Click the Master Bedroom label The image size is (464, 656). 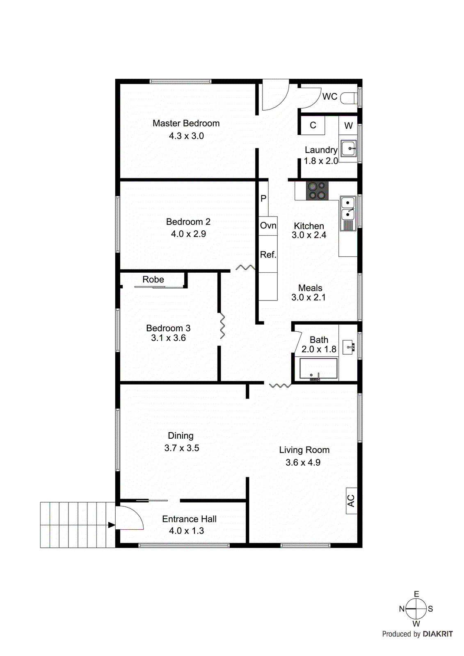[x=186, y=123]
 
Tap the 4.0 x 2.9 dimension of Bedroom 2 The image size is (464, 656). [x=188, y=234]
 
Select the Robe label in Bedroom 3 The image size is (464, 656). [x=153, y=280]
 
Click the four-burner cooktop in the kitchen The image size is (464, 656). [x=317, y=191]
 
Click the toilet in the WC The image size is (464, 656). [x=349, y=98]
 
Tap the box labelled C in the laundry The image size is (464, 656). [x=313, y=125]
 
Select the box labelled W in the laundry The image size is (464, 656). [x=348, y=126]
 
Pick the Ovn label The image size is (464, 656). [x=268, y=225]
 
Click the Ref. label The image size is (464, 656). [x=268, y=255]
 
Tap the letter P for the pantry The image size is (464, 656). [x=263, y=198]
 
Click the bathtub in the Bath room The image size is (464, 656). [x=318, y=369]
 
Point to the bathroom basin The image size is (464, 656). [x=349, y=347]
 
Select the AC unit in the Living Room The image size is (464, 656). [x=351, y=501]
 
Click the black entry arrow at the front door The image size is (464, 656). [x=111, y=525]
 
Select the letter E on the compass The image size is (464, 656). [x=416, y=594]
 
